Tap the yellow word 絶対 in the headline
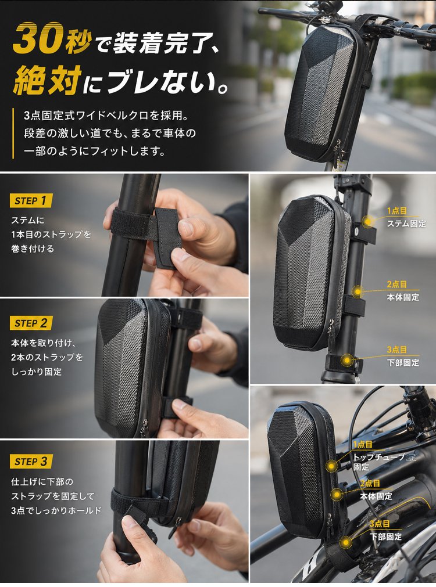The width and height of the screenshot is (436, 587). tap(47, 80)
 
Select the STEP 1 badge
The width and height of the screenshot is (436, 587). tap(31, 201)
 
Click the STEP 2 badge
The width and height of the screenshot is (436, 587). tap(31, 323)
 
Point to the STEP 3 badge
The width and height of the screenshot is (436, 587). tap(31, 461)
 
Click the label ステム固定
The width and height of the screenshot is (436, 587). tap(406, 224)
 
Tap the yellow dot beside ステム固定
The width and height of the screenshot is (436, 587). tap(368, 221)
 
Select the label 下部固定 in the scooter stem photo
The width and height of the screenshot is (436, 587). tap(403, 362)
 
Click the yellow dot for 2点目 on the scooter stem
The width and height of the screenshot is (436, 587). tap(358, 291)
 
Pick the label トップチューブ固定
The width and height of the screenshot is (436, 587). tap(379, 462)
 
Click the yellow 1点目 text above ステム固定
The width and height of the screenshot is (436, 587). tap(396, 211)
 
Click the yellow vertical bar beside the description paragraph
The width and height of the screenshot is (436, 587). tap(13, 134)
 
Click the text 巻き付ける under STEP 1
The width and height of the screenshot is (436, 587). tap(33, 249)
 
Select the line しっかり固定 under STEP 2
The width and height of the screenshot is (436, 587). tap(37, 372)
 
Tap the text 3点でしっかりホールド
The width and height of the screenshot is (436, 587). tap(56, 510)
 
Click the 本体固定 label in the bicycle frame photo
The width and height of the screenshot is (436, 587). tap(376, 496)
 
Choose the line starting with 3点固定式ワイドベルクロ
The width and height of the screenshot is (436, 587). tap(106, 116)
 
